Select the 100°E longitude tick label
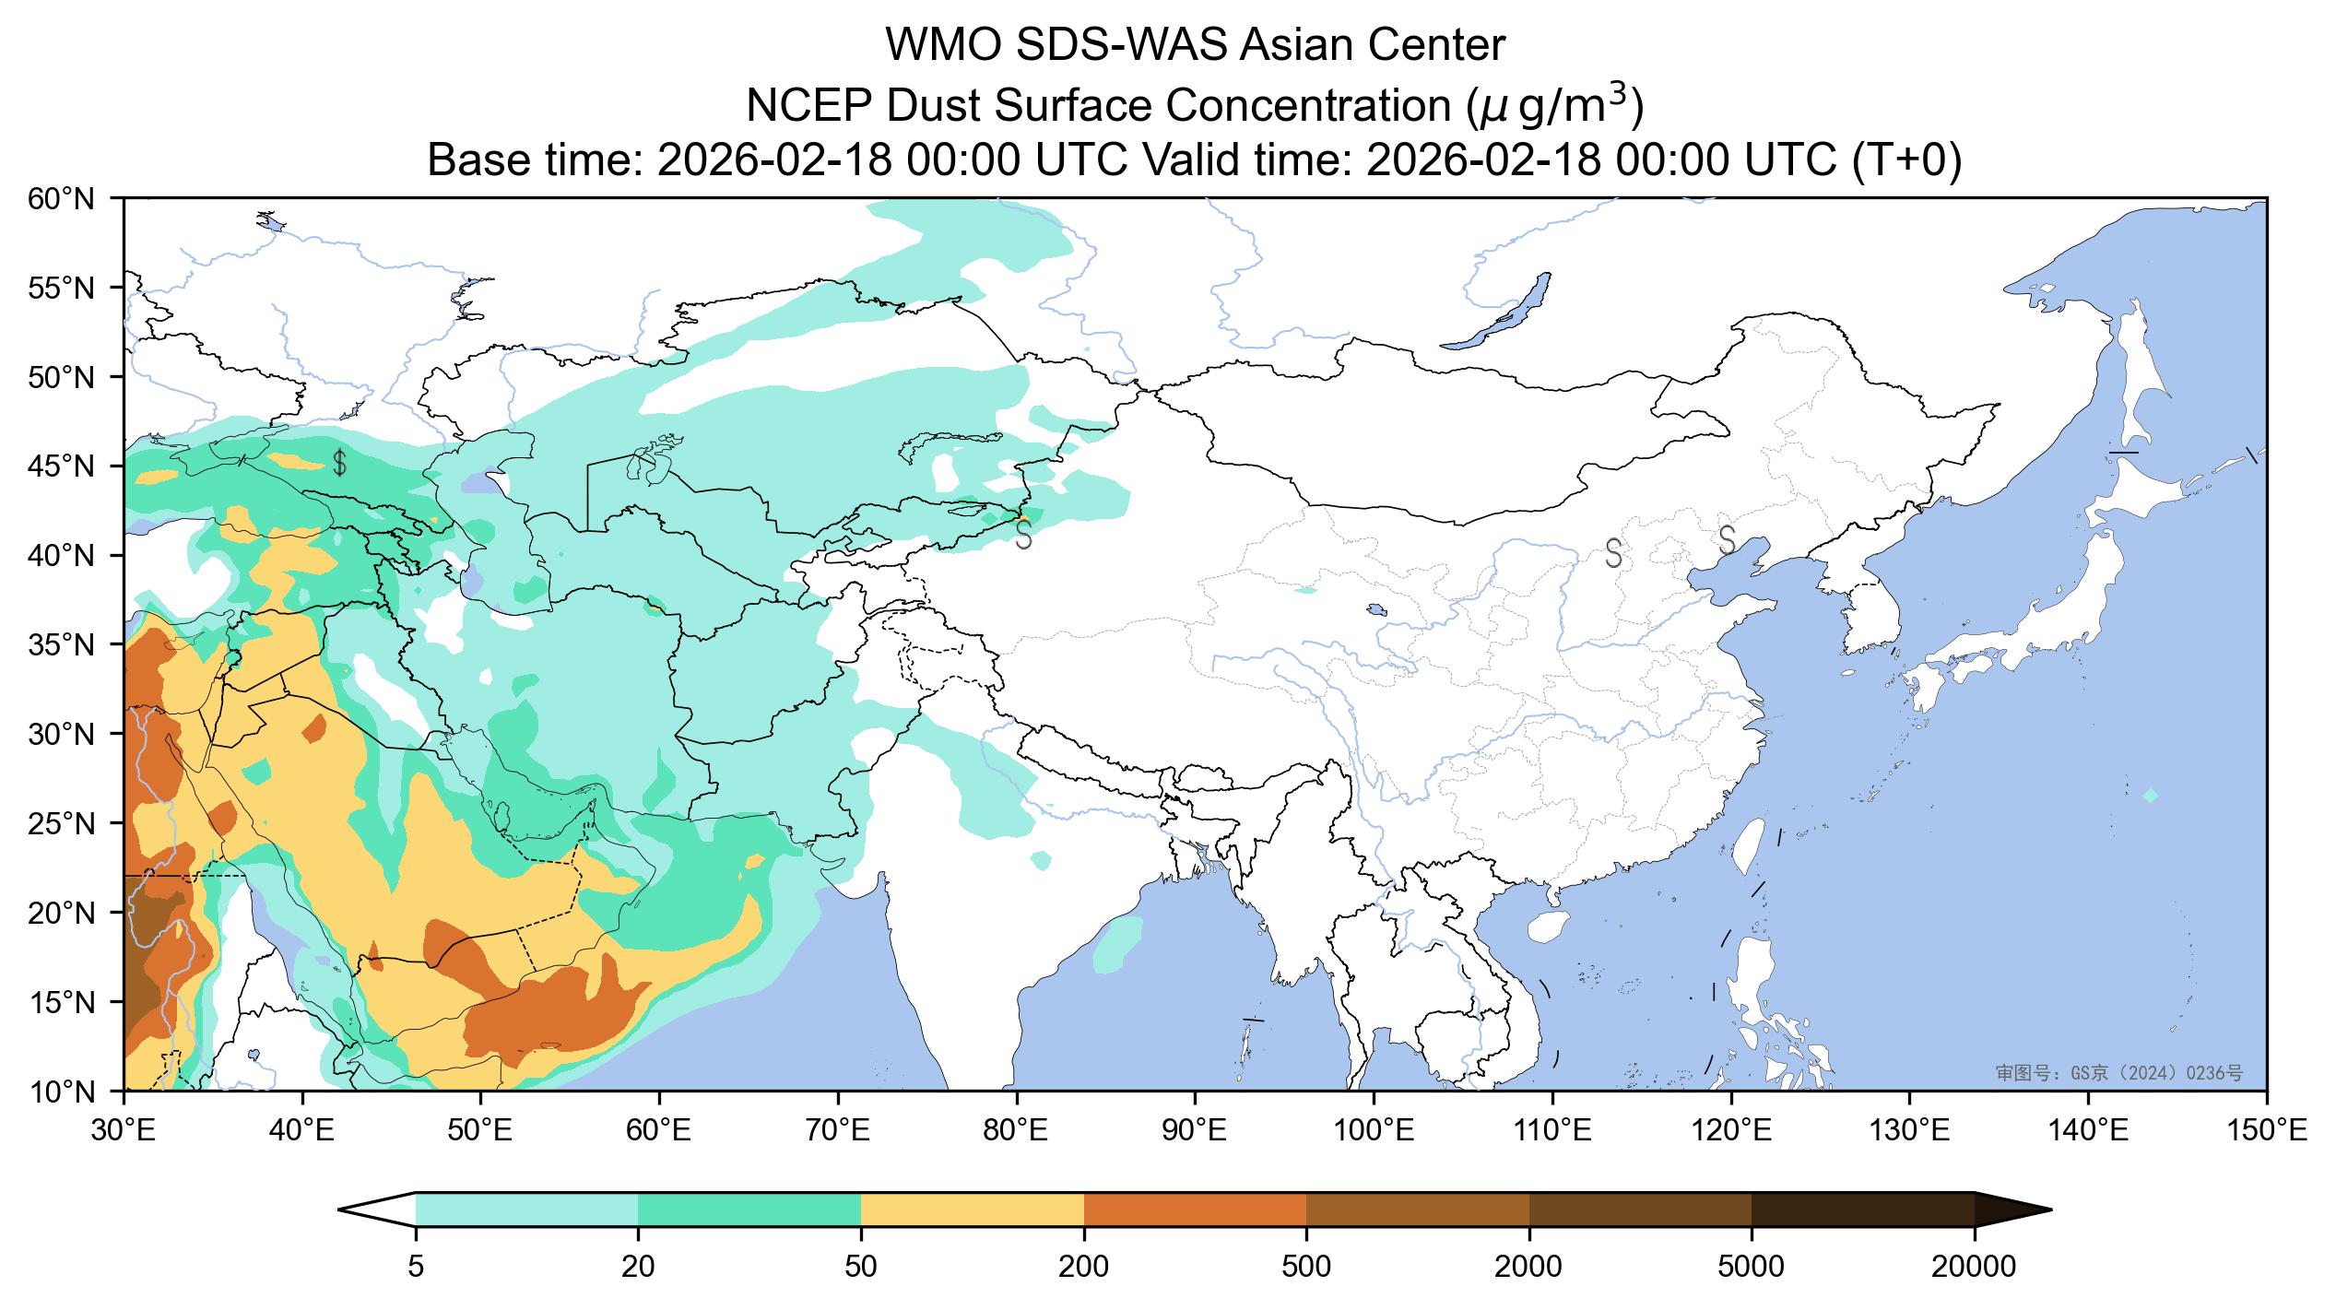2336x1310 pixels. pyautogui.click(x=1374, y=1130)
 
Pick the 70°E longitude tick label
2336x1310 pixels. pyautogui.click(x=837, y=1130)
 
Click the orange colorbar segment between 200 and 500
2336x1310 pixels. pyautogui.click(x=1195, y=1210)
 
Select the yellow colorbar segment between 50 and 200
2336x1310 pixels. pyautogui.click(x=972, y=1210)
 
